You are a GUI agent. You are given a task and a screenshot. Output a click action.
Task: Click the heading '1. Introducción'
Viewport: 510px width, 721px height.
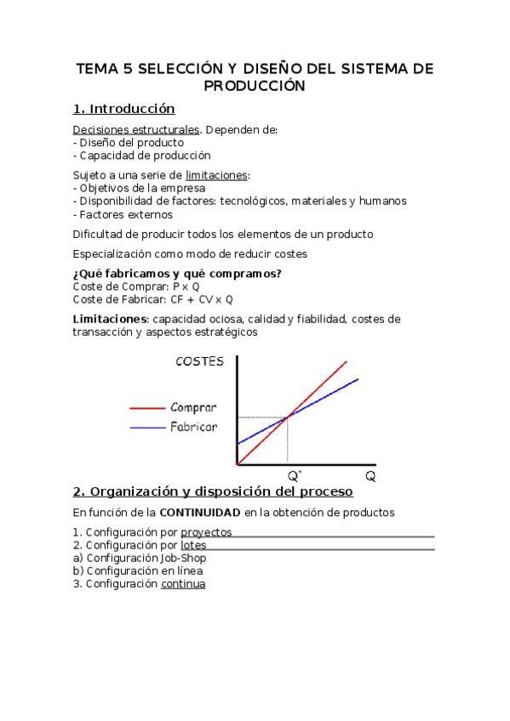(123, 109)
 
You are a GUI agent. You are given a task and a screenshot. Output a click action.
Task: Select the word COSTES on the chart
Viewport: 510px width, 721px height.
(199, 361)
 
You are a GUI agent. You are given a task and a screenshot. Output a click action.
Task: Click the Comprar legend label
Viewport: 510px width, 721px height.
(193, 407)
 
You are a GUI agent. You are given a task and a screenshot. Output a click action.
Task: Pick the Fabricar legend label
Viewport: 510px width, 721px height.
(193, 426)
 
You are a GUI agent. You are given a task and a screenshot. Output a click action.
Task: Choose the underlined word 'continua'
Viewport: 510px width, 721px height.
(183, 584)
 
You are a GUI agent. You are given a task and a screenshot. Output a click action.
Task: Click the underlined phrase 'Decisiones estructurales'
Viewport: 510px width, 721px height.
(136, 129)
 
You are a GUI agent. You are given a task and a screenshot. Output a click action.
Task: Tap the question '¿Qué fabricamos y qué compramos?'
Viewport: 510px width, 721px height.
(177, 273)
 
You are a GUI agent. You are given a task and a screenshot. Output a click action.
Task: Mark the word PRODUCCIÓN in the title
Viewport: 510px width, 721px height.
(254, 86)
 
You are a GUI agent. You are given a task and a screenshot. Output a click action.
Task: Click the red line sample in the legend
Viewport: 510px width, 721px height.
(146, 407)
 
